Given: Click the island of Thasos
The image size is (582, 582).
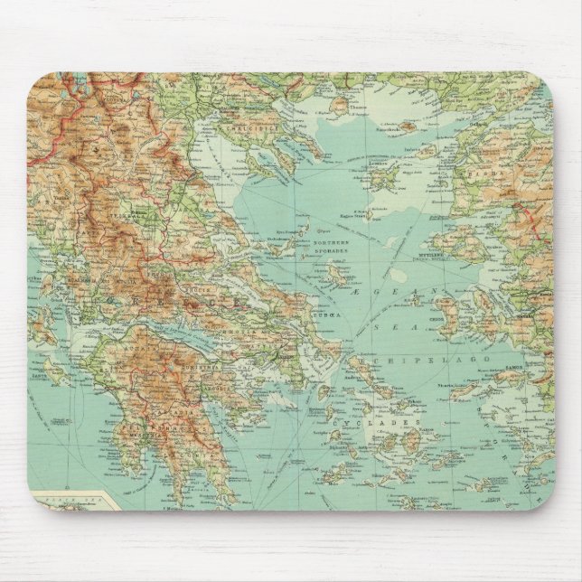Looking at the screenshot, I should pos(339,106).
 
